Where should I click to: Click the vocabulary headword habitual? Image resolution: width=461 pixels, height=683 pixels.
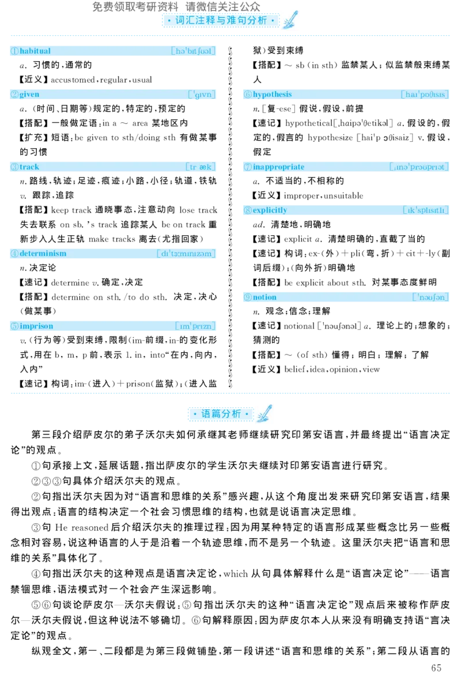(35, 51)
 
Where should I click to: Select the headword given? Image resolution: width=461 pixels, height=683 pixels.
(29, 95)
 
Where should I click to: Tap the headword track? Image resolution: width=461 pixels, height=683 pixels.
(29, 167)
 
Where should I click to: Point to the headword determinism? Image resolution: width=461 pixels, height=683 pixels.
(43, 254)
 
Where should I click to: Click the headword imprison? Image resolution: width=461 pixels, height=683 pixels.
(36, 326)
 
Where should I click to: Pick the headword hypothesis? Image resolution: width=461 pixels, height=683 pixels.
(272, 95)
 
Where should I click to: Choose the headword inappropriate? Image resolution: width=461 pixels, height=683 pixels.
(278, 167)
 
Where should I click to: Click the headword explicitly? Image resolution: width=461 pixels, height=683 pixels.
(270, 210)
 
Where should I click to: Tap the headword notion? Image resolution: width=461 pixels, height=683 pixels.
(264, 297)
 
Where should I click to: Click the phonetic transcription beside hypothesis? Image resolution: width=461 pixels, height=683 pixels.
(425, 95)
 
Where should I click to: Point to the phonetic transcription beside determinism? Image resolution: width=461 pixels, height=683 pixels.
(186, 254)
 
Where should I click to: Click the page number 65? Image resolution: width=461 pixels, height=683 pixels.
(436, 668)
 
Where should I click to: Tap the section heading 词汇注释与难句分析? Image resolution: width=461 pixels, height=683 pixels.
(221, 21)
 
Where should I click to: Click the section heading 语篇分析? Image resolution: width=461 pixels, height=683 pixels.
(221, 414)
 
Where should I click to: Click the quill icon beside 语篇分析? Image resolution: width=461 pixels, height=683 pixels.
(264, 413)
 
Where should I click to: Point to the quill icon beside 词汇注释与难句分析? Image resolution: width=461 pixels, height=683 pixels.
(290, 20)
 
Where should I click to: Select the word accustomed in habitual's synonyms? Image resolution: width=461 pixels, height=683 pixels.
(73, 80)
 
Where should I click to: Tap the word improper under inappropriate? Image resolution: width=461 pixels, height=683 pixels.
(302, 196)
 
